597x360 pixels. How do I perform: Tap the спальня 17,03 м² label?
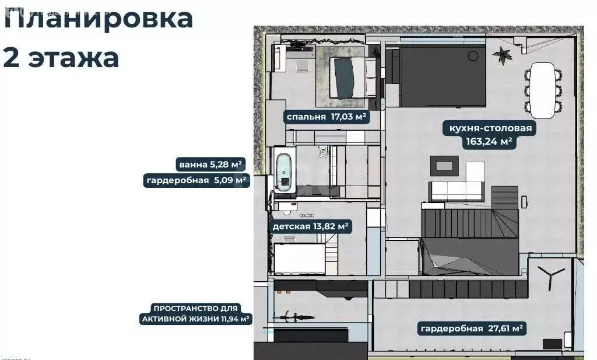[x=326, y=117]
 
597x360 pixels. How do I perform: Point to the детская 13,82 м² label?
[x=310, y=226]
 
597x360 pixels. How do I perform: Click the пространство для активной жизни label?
[x=196, y=313]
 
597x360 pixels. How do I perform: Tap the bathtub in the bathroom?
[x=285, y=172]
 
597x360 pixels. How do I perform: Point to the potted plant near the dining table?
[x=500, y=55]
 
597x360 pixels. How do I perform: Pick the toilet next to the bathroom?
[x=323, y=153]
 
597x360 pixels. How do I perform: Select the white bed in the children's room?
[x=300, y=258]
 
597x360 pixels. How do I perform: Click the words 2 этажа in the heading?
[x=61, y=58]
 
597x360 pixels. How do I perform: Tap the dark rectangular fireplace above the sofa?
[x=444, y=165]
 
